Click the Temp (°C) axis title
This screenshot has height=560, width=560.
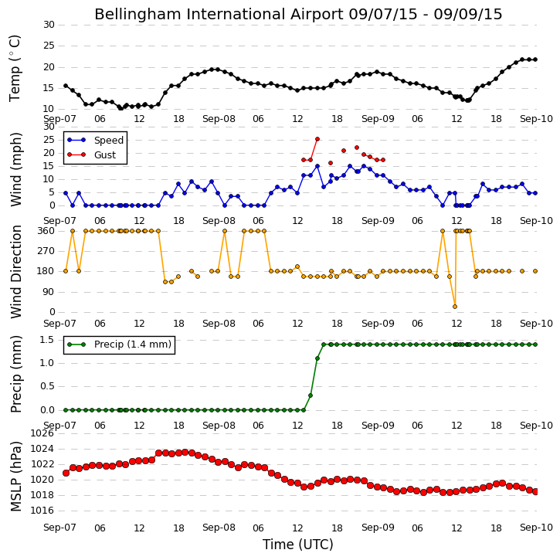click(15, 68)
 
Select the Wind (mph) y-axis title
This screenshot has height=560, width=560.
click(16, 169)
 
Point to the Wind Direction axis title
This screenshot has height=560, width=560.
click(16, 271)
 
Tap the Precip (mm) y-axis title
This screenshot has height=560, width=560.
click(16, 374)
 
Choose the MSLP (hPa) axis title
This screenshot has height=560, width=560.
click(16, 476)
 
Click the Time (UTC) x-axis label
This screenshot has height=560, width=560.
click(298, 545)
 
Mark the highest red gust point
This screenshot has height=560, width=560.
click(317, 139)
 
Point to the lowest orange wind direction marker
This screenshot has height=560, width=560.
click(455, 307)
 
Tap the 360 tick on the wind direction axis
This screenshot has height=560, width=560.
click(46, 231)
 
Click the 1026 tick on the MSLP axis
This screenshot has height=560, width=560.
click(42, 433)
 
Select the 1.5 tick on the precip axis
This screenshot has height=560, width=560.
click(47, 340)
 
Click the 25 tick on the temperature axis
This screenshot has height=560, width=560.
click(49, 46)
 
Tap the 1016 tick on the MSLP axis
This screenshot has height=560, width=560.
click(42, 511)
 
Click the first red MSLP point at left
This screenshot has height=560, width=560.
click(66, 473)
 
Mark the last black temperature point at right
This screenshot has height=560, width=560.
click(535, 59)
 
